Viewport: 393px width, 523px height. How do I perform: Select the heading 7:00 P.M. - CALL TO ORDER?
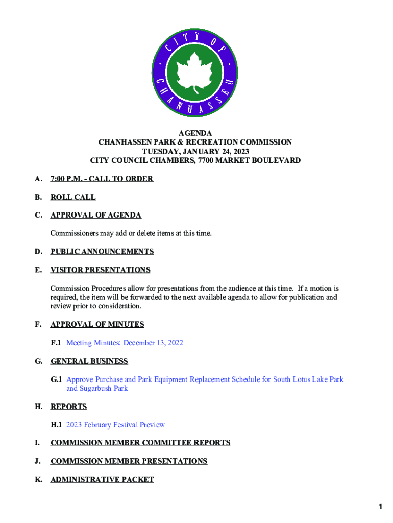[x=102, y=179]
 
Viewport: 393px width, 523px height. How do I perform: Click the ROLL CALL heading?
[x=73, y=197]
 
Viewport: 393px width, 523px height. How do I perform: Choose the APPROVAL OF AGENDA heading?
[x=95, y=215]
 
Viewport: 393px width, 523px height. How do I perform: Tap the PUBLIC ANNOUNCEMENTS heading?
[x=102, y=251]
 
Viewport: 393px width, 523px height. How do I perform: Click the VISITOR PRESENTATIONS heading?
[x=100, y=270]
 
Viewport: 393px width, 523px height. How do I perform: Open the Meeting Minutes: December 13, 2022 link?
[x=125, y=343]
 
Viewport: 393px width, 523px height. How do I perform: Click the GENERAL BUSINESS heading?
[x=89, y=361]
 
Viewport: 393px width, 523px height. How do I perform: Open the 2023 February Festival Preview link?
[x=115, y=425]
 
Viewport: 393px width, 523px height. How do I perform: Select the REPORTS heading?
[x=68, y=407]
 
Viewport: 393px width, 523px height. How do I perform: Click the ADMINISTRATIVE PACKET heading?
[x=102, y=479]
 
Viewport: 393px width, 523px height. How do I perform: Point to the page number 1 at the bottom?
[x=380, y=507]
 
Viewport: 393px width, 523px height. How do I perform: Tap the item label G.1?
[x=56, y=379]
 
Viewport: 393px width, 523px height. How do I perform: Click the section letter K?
[x=38, y=479]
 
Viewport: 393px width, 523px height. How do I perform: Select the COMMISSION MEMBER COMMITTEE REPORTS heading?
[x=140, y=443]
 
